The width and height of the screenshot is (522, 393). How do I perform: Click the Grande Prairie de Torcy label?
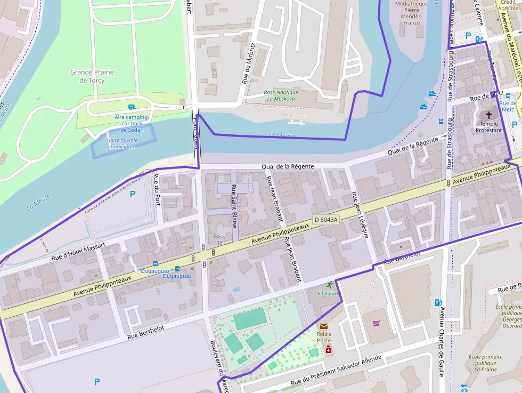point(92,76)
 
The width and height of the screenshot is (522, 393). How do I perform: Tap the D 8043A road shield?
point(325,220)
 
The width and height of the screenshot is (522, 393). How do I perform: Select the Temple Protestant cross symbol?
point(489,115)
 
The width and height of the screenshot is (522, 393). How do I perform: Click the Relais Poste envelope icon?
point(324,326)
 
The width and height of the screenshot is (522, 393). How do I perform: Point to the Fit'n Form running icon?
point(330,285)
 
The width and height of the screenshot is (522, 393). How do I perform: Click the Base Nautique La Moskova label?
point(281,95)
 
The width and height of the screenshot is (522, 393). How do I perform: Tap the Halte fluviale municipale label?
point(121,143)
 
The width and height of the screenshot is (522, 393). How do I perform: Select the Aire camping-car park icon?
point(132,107)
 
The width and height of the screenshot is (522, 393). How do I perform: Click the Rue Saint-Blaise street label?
point(234,206)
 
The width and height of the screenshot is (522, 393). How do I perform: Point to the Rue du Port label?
point(157,189)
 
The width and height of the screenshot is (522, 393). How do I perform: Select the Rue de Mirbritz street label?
point(249,63)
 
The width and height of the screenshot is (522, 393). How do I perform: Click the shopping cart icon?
point(377,323)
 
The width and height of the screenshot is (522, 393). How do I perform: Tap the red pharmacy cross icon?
point(329,350)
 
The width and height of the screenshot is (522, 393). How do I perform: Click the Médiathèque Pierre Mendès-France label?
point(411,13)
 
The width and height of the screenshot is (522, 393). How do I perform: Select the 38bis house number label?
point(217,236)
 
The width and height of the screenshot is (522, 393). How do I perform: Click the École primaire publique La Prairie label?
point(485,363)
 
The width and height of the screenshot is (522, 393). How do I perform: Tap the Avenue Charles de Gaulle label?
point(442,341)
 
